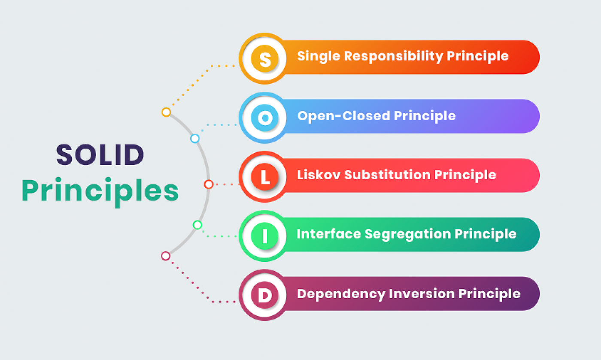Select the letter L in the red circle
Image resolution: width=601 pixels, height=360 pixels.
[265, 177]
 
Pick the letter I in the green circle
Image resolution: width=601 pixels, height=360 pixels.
[265, 236]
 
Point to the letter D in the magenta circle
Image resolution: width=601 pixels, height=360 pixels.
[265, 295]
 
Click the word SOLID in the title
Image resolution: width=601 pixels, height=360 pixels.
[100, 155]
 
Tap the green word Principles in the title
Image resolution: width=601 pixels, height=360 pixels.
[100, 191]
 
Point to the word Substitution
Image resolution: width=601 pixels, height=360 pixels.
[389, 175]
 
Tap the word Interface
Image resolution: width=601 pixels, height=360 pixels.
[328, 234]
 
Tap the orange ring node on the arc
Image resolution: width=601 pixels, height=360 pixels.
[166, 112]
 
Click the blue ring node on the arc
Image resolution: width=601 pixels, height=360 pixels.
[195, 139]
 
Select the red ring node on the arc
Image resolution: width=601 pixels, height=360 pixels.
[209, 185]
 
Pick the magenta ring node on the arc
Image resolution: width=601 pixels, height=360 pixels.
[166, 256]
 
